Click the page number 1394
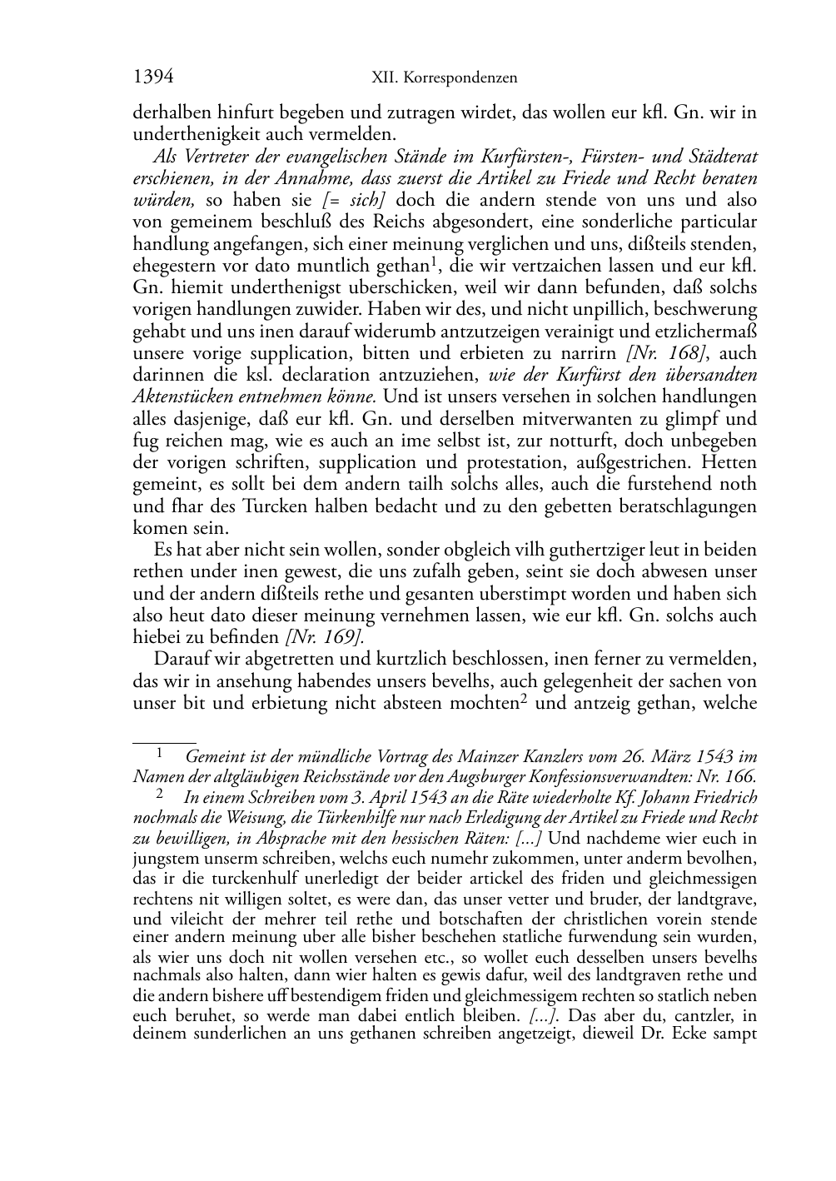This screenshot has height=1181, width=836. point(153,77)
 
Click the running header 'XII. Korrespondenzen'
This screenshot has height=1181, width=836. point(444,78)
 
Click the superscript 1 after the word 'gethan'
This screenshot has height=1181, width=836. point(434,262)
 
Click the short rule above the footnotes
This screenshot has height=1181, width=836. point(164,740)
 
